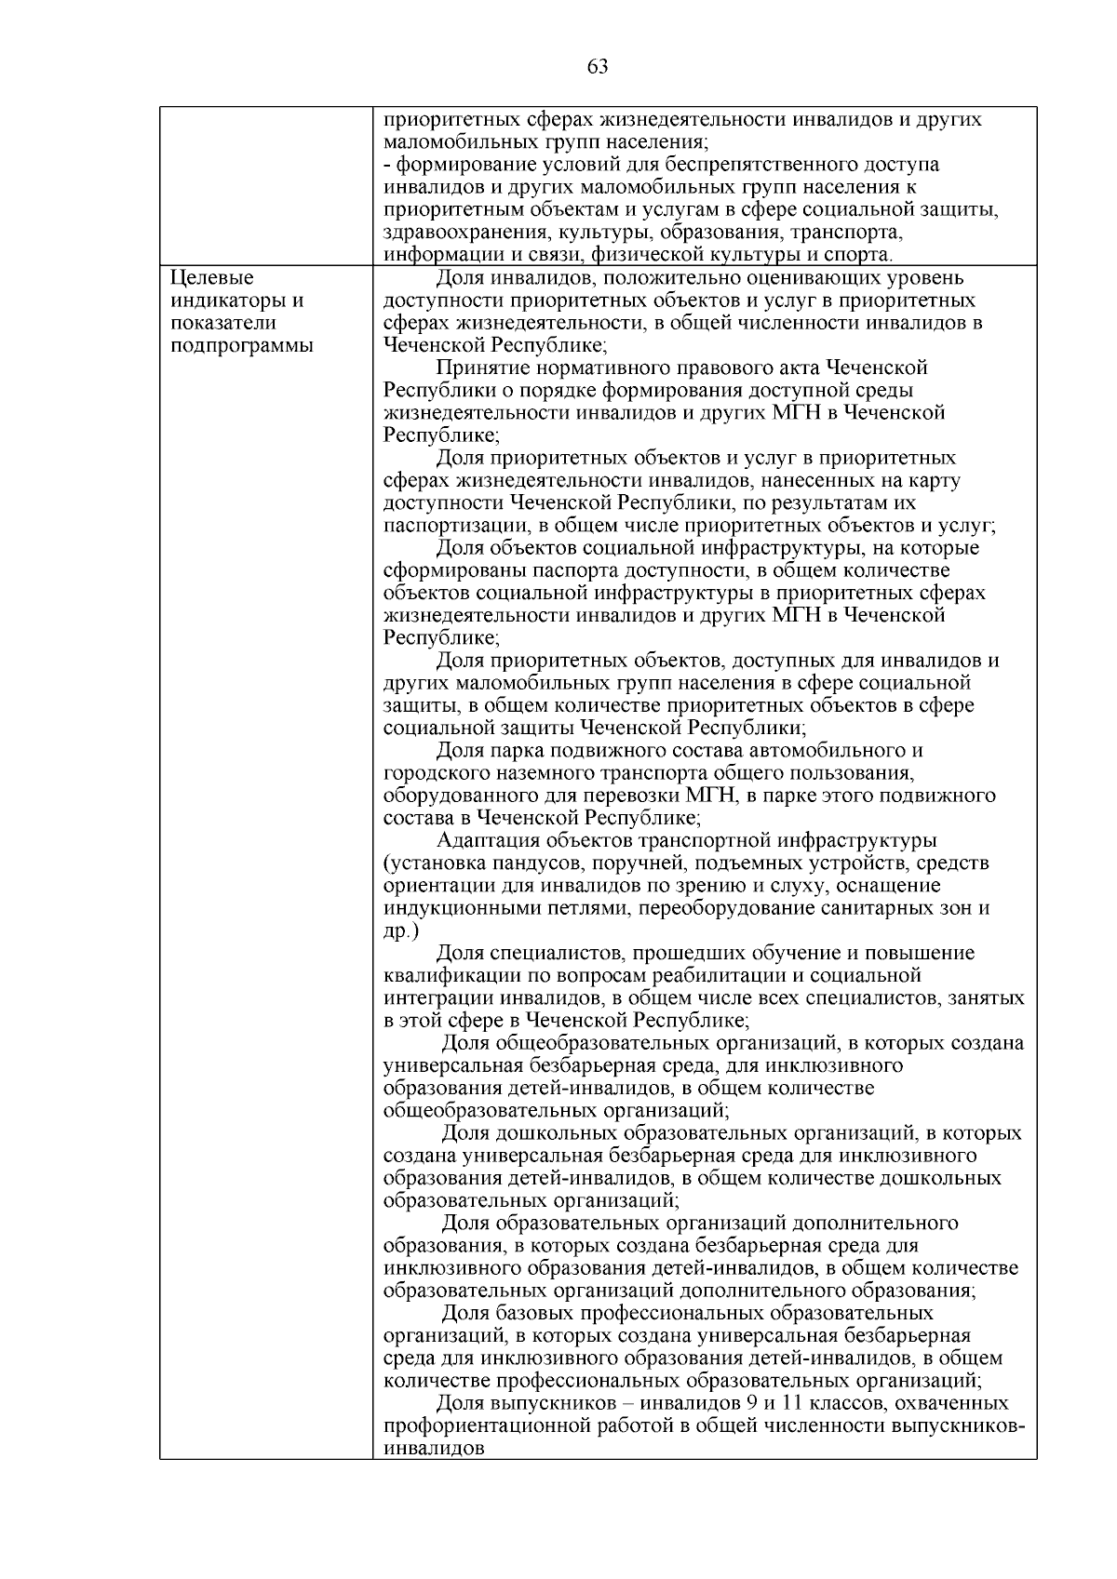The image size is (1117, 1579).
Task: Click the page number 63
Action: point(598,66)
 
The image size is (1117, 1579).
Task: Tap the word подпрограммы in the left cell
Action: point(242,346)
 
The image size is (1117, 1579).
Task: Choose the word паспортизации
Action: point(452,526)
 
